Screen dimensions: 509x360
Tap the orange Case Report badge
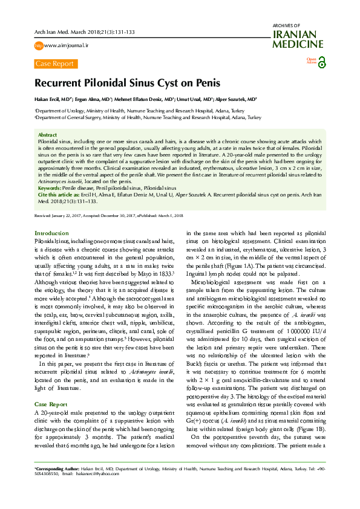(54, 63)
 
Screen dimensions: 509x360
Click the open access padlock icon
(321, 62)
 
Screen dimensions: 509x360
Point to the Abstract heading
(47, 135)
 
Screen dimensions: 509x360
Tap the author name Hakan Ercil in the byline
(49, 98)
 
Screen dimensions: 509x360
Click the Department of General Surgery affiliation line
(148, 118)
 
